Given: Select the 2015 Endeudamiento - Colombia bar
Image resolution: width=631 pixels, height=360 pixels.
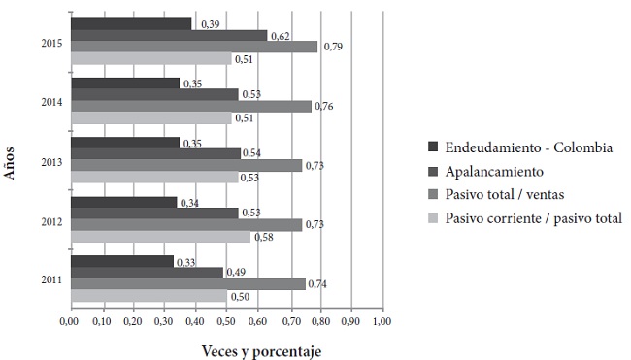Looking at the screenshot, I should pos(131,23).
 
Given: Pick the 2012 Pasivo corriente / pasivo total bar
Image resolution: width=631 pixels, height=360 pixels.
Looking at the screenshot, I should pos(160,236).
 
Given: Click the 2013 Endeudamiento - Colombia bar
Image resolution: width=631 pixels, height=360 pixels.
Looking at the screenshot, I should pos(125,143).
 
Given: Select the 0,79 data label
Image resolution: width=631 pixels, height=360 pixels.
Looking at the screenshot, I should pos(332,47).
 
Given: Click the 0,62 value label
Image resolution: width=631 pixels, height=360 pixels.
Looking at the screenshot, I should pos(280,35).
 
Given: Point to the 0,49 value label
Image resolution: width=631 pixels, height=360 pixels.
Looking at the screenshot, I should pos(237,273).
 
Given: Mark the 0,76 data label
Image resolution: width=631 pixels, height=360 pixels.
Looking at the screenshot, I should pos(323,106).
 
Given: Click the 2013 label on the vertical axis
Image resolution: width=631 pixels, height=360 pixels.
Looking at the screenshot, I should pos(53,162).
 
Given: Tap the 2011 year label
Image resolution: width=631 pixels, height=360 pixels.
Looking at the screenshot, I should pos(53,281).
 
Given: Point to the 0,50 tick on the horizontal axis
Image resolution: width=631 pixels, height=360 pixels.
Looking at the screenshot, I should pos(226,320).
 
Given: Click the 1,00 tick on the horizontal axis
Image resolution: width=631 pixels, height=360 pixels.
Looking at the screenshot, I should pos(382,320).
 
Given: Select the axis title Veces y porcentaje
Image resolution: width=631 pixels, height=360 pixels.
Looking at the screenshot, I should pos(260,349).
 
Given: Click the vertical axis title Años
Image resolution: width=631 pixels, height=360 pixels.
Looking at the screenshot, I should pos(11,161).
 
